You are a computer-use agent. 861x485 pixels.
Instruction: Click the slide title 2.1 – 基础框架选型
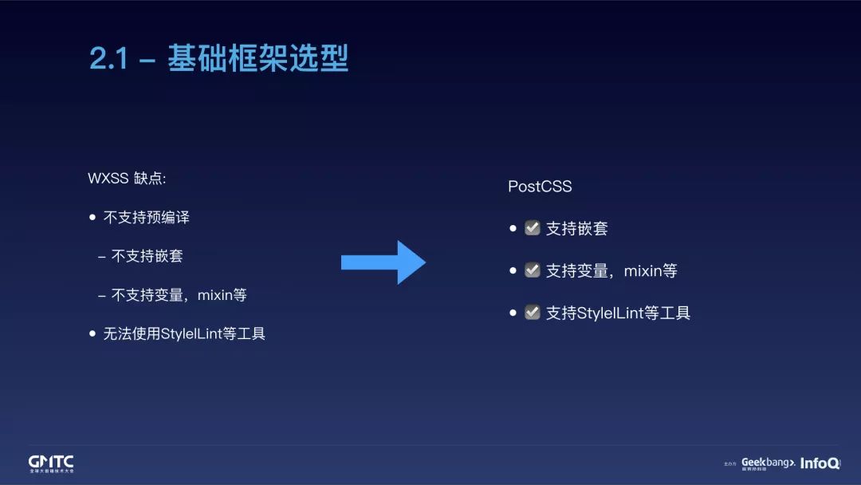coord(218,60)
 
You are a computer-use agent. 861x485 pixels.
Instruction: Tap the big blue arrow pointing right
coord(383,262)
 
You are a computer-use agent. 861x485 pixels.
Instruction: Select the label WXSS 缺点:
coord(127,178)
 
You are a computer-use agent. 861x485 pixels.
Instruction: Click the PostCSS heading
coord(540,187)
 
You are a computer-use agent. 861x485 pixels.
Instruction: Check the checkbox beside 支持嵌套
coord(533,229)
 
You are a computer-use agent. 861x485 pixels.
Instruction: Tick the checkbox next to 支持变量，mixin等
coord(533,270)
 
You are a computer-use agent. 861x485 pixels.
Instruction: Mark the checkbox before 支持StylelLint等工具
coord(533,313)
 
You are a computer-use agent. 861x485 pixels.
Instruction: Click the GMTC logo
coord(51,463)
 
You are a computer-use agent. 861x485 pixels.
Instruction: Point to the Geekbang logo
coord(768,463)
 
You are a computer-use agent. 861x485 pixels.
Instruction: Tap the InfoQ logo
coord(819,463)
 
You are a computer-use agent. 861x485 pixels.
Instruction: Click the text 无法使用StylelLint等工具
coord(184,333)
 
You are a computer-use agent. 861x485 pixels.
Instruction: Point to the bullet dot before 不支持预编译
coord(92,217)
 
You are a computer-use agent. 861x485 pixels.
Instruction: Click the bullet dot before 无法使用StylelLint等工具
coord(92,333)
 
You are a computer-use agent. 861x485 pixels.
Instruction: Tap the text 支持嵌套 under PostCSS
coord(576,229)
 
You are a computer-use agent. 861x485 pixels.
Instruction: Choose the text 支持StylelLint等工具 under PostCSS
coord(618,313)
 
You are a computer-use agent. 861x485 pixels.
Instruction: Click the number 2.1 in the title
coord(109,60)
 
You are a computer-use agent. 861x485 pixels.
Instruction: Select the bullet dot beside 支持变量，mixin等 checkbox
coord(513,270)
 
